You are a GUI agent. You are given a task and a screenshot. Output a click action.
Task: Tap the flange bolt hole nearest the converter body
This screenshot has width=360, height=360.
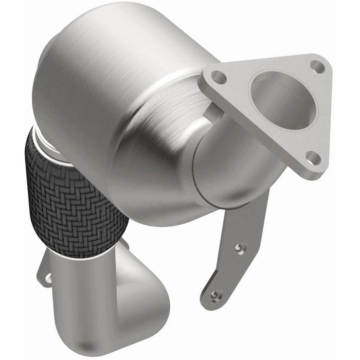click(219, 77)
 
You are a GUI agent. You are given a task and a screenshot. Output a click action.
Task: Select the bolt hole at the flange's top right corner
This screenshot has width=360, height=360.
click(317, 67)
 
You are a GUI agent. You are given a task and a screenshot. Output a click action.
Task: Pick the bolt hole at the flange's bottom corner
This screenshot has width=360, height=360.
click(313, 157)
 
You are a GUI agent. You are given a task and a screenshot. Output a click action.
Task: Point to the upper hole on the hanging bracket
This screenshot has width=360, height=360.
click(240, 248)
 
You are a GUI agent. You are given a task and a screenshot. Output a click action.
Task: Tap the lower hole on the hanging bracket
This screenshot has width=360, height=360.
click(215, 295)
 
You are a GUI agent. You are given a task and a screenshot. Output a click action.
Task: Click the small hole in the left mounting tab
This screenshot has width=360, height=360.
click(47, 278)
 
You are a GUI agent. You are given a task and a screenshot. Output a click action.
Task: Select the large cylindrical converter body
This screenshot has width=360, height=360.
click(118, 98)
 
